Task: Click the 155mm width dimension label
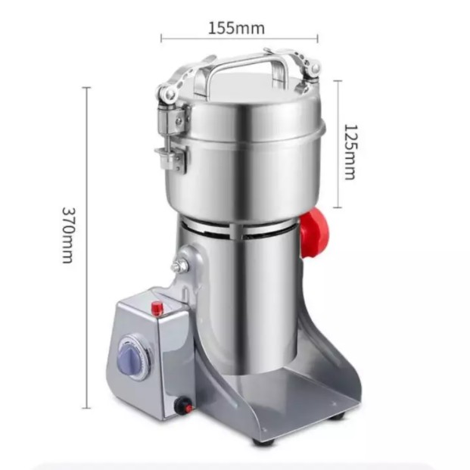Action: coord(236,28)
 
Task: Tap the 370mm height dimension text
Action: coord(68,235)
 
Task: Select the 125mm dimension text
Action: coord(350,151)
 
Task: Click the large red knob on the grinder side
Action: coord(314,233)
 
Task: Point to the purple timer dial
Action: coord(132,358)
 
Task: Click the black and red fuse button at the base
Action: coord(184,406)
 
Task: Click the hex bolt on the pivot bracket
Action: coord(179,265)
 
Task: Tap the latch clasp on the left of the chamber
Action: coord(171,138)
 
